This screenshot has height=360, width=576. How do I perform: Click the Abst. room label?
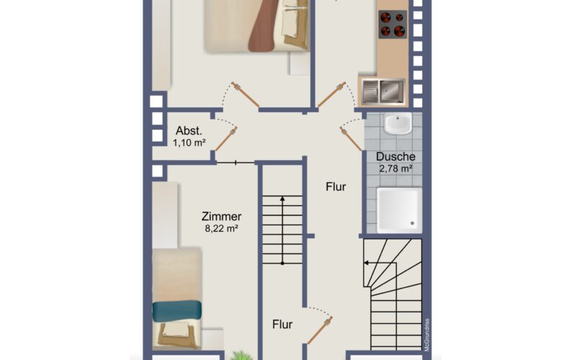(189, 130)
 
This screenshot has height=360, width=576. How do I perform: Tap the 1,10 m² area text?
(189, 143)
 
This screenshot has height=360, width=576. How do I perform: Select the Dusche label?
(395, 156)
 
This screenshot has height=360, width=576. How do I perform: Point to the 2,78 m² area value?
(395, 168)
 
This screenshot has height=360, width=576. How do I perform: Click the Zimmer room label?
(222, 216)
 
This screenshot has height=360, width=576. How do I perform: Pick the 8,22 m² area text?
(222, 228)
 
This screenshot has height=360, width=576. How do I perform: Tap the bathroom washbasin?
(398, 124)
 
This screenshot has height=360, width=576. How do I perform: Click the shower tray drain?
(412, 223)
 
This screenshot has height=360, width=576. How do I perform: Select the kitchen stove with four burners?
(392, 24)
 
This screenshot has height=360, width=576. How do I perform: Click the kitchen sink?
(382, 91)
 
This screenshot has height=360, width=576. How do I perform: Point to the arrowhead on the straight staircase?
(282, 199)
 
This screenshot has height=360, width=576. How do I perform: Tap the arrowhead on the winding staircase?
(366, 263)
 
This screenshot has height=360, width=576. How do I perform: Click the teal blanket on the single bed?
(177, 312)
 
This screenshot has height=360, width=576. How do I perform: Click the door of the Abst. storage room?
(225, 139)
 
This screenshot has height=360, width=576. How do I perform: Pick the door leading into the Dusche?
(351, 138)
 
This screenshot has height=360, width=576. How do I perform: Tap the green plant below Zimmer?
(241, 356)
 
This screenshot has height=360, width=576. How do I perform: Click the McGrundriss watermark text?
(427, 335)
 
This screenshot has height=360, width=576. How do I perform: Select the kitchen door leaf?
(331, 95)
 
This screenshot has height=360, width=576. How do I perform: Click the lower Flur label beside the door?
(282, 325)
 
